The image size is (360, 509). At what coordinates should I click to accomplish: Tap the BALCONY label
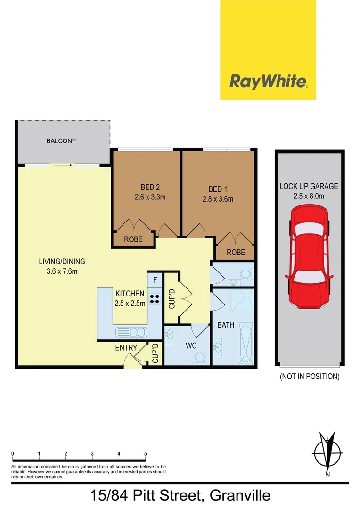pos(61,141)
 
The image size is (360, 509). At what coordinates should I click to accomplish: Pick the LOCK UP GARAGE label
pos(309,186)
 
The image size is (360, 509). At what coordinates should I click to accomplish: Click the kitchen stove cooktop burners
pos(155,298)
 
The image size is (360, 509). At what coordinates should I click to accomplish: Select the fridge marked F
pos(155,280)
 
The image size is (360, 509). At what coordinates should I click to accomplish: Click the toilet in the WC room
pos(198,359)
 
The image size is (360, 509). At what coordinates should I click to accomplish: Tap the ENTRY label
pos(126,348)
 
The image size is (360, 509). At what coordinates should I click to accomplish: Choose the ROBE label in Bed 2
pos(133,239)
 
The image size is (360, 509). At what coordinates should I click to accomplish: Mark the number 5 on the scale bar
pos(146,454)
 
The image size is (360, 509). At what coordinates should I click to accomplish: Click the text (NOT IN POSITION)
pos(309,376)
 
